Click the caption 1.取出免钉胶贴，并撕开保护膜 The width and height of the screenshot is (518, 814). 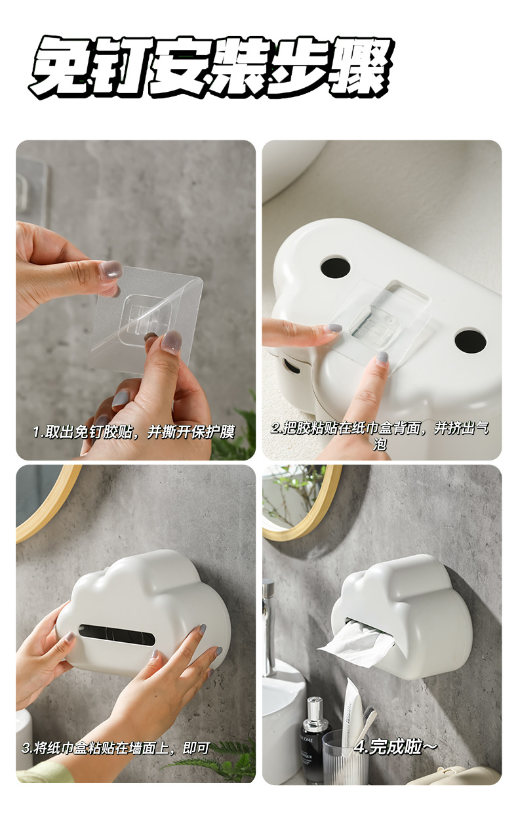(134, 432)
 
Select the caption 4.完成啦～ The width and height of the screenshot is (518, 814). (395, 746)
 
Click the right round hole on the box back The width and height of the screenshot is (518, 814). (470, 340)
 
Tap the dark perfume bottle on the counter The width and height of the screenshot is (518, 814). (314, 741)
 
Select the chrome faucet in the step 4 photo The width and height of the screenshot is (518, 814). (269, 623)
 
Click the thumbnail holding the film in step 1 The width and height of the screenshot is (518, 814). (111, 269)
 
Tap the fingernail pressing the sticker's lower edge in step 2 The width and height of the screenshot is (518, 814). (382, 357)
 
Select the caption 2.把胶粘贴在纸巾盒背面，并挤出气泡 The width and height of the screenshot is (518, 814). (380, 436)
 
